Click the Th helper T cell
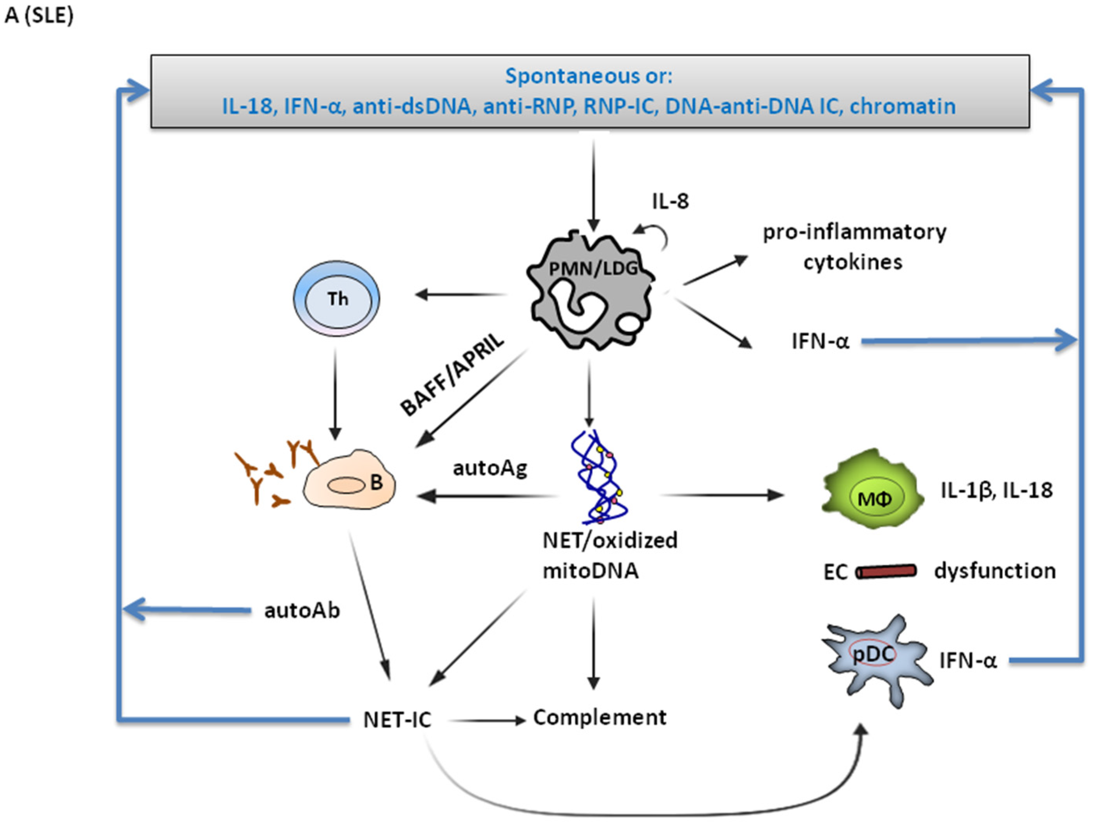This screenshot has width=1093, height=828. point(337,299)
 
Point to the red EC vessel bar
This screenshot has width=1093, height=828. point(886,571)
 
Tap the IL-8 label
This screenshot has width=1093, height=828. point(670,202)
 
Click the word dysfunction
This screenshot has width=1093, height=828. point(995,571)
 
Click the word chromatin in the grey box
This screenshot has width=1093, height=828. point(902,106)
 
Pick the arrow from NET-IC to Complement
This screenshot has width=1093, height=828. point(487,721)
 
